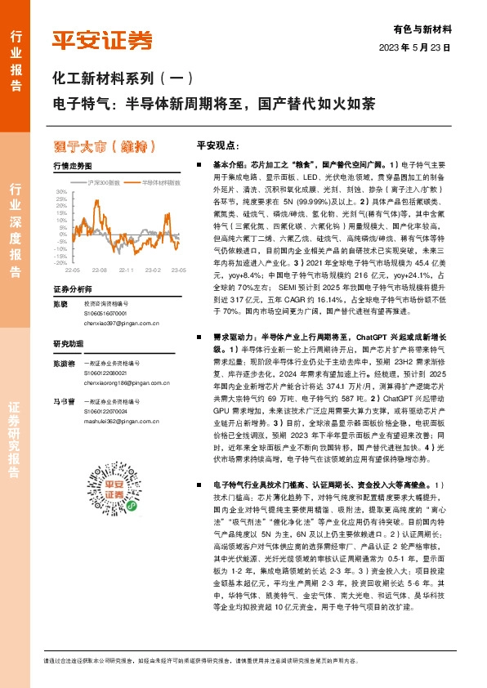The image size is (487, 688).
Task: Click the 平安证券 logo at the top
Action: click(101, 40)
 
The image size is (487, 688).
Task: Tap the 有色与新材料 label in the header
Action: click(427, 29)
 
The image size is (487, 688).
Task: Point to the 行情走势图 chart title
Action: click(70, 165)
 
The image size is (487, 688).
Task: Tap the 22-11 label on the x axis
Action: click(127, 269)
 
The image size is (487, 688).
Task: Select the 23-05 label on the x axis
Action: click(179, 269)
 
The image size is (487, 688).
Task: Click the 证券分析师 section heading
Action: click(73, 289)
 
